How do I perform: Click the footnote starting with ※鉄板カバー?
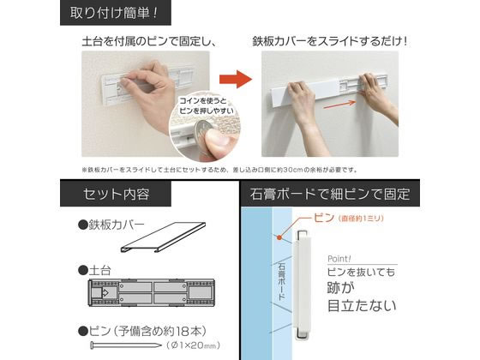coord(231,169)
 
